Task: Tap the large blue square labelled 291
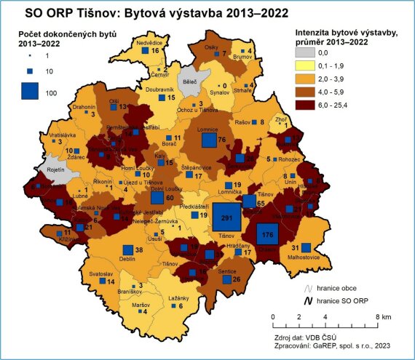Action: tap(227, 219)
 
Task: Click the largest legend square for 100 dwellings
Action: tap(30, 92)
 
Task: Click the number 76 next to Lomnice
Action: tap(224, 140)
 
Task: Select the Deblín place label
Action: tap(127, 258)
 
